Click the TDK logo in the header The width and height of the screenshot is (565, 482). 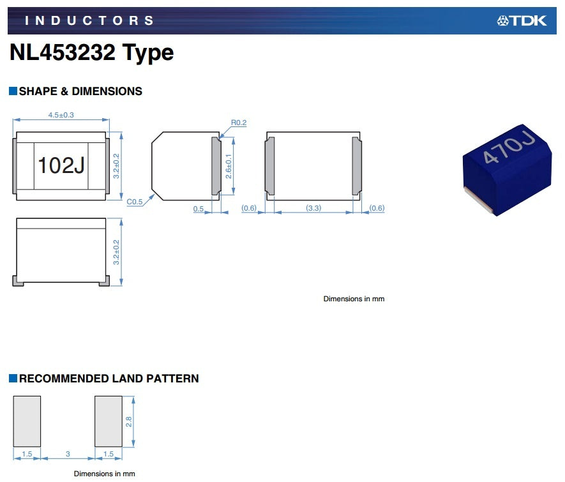point(522,20)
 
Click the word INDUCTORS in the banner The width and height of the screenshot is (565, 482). point(89,20)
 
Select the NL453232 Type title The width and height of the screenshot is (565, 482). point(91,52)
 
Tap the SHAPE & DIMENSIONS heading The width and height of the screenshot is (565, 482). point(80,91)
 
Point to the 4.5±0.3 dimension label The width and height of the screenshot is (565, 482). point(61,115)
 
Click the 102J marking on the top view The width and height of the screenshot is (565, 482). point(61,165)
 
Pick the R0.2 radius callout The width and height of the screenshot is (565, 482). point(239,123)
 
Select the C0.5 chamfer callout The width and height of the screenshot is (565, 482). point(135,202)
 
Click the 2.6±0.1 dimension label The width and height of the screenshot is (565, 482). point(229,166)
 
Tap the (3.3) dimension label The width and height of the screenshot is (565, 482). point(313,208)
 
